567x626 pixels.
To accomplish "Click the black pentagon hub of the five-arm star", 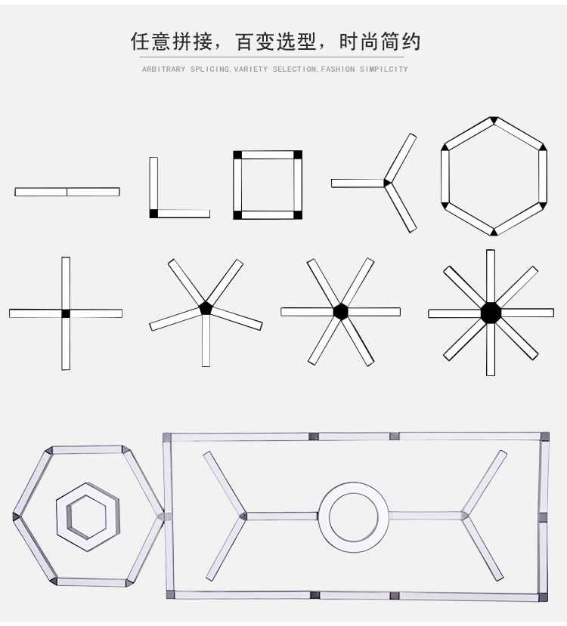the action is pyautogui.click(x=206, y=308).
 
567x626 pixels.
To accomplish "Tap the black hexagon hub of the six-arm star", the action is pyautogui.click(x=340, y=312).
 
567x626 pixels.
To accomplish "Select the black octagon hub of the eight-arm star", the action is pyautogui.click(x=491, y=313).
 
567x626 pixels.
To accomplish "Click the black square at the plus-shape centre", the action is pyautogui.click(x=66, y=313).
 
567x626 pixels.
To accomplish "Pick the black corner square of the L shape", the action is pyautogui.click(x=153, y=214).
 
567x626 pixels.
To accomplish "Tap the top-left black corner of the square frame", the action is pyautogui.click(x=237, y=155).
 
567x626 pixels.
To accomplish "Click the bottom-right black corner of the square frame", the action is pyautogui.click(x=298, y=214).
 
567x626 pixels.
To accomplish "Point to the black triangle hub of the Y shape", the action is pyautogui.click(x=386, y=183).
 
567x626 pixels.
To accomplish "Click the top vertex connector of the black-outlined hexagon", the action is pyautogui.click(x=494, y=120).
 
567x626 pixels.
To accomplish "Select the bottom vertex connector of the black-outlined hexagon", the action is pyautogui.click(x=494, y=232).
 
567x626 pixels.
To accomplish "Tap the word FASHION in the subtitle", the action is pyautogui.click(x=338, y=69).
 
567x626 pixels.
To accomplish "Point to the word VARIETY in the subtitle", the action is pyautogui.click(x=251, y=69).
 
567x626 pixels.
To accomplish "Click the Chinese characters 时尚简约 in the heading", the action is pyautogui.click(x=380, y=42).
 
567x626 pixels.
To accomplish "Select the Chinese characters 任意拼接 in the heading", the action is pyautogui.click(x=172, y=42).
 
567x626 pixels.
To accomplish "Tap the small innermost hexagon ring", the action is pyautogui.click(x=67, y=518).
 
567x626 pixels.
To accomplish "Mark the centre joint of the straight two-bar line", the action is pyautogui.click(x=67, y=192).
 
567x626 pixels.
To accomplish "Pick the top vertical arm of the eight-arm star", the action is pyautogui.click(x=491, y=276).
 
